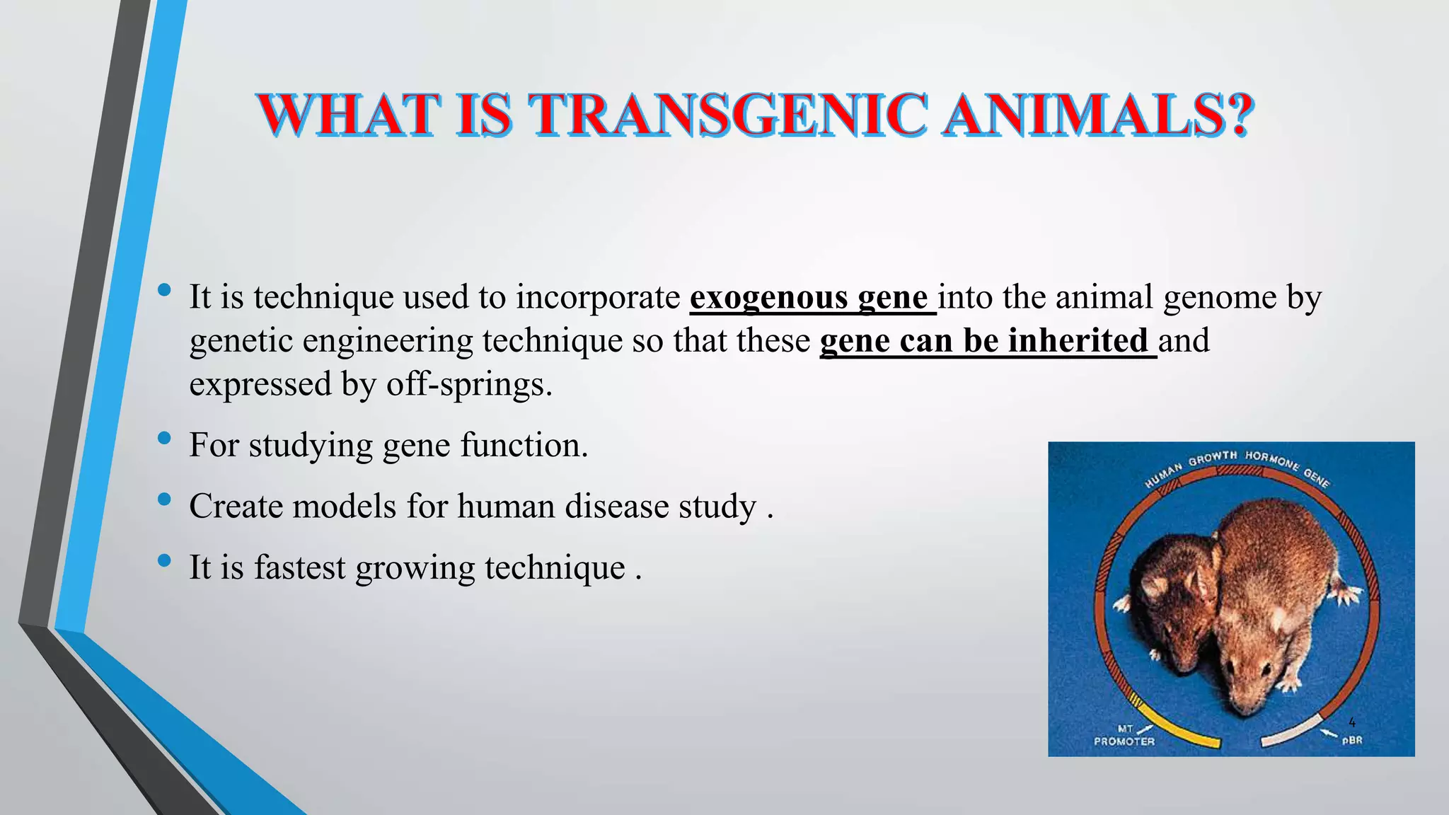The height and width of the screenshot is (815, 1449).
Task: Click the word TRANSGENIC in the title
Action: (729, 115)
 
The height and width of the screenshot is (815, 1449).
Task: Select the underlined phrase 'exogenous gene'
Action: (809, 297)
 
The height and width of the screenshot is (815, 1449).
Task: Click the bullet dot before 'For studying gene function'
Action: (165, 439)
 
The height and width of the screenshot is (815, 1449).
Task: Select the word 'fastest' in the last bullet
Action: (299, 567)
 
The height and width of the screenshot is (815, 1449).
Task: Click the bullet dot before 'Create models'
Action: (165, 499)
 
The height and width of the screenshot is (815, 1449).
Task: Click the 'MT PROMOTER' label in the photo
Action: (1124, 735)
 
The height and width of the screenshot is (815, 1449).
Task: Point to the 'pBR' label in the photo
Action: (1352, 741)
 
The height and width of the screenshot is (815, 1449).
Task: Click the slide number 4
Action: (1352, 722)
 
